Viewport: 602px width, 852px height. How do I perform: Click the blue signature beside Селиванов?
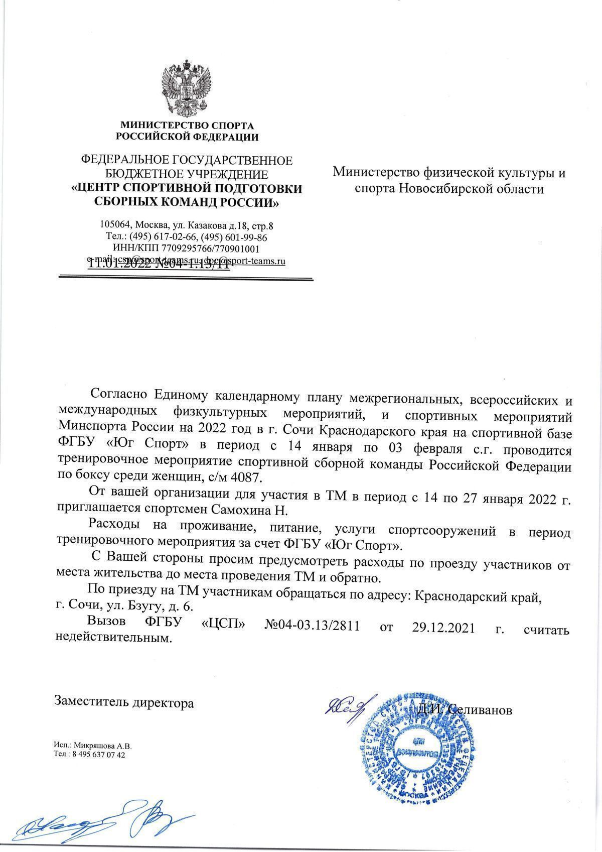tap(346, 709)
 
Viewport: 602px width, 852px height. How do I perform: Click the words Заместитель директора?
tap(124, 702)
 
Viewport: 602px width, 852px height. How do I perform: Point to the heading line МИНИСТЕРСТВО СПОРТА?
tap(187, 125)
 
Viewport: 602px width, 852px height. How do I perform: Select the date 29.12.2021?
tap(443, 628)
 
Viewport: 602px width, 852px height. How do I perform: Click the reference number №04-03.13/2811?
tap(312, 628)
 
